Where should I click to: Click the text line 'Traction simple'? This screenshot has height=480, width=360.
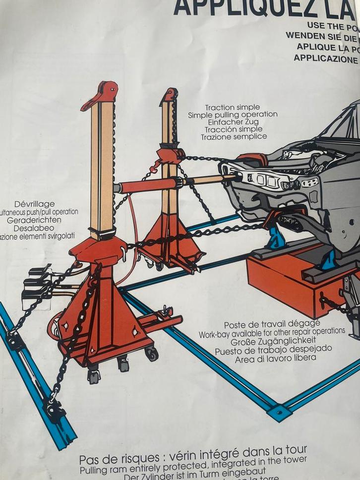click(232, 108)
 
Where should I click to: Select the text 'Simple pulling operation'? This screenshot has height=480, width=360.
click(233, 115)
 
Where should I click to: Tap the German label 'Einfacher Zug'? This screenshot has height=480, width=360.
click(233, 122)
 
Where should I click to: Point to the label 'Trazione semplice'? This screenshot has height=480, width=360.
click(234, 136)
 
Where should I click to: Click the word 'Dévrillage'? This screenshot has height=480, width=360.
click(35, 204)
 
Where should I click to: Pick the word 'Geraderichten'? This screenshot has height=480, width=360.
click(34, 220)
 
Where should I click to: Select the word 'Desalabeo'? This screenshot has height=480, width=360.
click(34, 228)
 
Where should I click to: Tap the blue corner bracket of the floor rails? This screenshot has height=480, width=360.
click(279, 412)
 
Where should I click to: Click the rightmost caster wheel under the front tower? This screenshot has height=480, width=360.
click(151, 353)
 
